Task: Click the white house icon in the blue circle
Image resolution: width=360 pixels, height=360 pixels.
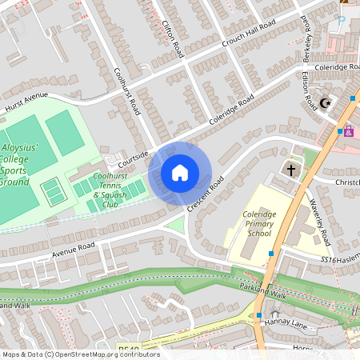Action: (x=180, y=173)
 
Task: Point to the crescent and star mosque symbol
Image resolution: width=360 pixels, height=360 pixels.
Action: (x=325, y=103)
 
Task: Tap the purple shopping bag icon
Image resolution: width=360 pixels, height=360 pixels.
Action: (x=349, y=130)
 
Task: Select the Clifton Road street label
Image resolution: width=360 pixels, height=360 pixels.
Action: (x=171, y=34)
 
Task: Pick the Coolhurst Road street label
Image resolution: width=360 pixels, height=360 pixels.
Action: (x=127, y=88)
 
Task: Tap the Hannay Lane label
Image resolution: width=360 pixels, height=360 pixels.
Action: (x=293, y=322)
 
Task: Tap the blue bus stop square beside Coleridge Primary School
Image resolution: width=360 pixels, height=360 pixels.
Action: (x=271, y=253)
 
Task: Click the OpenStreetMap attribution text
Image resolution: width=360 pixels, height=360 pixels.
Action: (x=80, y=354)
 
